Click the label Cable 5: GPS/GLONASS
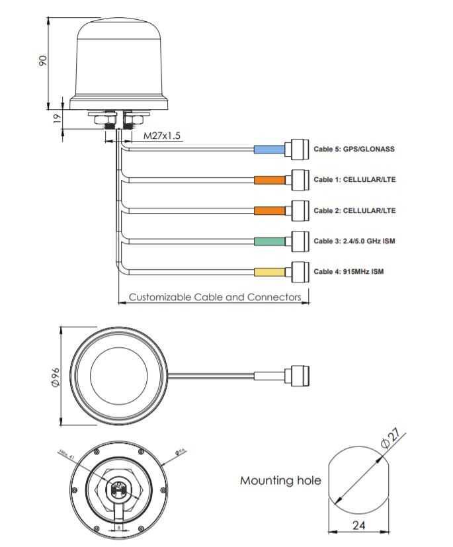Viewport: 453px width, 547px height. pyautogui.click(x=354, y=149)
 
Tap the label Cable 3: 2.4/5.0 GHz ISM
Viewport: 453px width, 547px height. pyautogui.click(x=354, y=241)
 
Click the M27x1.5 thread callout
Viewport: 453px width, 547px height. pyautogui.click(x=162, y=136)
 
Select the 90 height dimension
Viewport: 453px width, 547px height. pyautogui.click(x=42, y=60)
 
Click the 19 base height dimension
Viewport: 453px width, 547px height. pyautogui.click(x=57, y=118)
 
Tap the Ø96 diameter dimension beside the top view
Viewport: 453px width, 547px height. pyautogui.click(x=55, y=376)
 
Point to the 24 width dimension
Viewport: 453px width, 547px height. pyautogui.click(x=358, y=526)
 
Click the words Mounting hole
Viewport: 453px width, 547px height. pyautogui.click(x=280, y=481)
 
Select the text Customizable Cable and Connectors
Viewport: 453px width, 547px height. pyautogui.click(x=215, y=297)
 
